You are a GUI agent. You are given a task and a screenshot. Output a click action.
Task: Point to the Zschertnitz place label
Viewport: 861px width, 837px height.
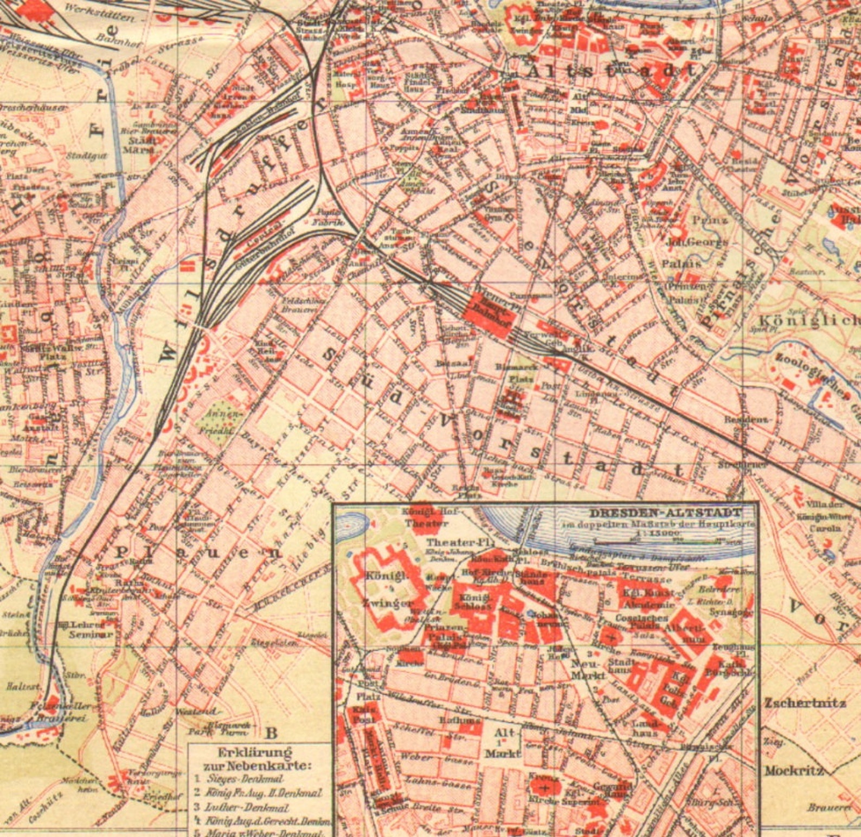click(x=805, y=703)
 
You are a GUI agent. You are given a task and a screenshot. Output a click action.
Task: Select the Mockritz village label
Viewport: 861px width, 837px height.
click(x=794, y=770)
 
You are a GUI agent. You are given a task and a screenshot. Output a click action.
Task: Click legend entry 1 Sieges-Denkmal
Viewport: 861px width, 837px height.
click(x=245, y=779)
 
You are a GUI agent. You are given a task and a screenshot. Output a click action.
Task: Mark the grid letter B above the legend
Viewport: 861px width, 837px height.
click(x=271, y=733)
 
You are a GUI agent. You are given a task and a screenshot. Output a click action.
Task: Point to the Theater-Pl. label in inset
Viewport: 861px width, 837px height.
click(x=449, y=543)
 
